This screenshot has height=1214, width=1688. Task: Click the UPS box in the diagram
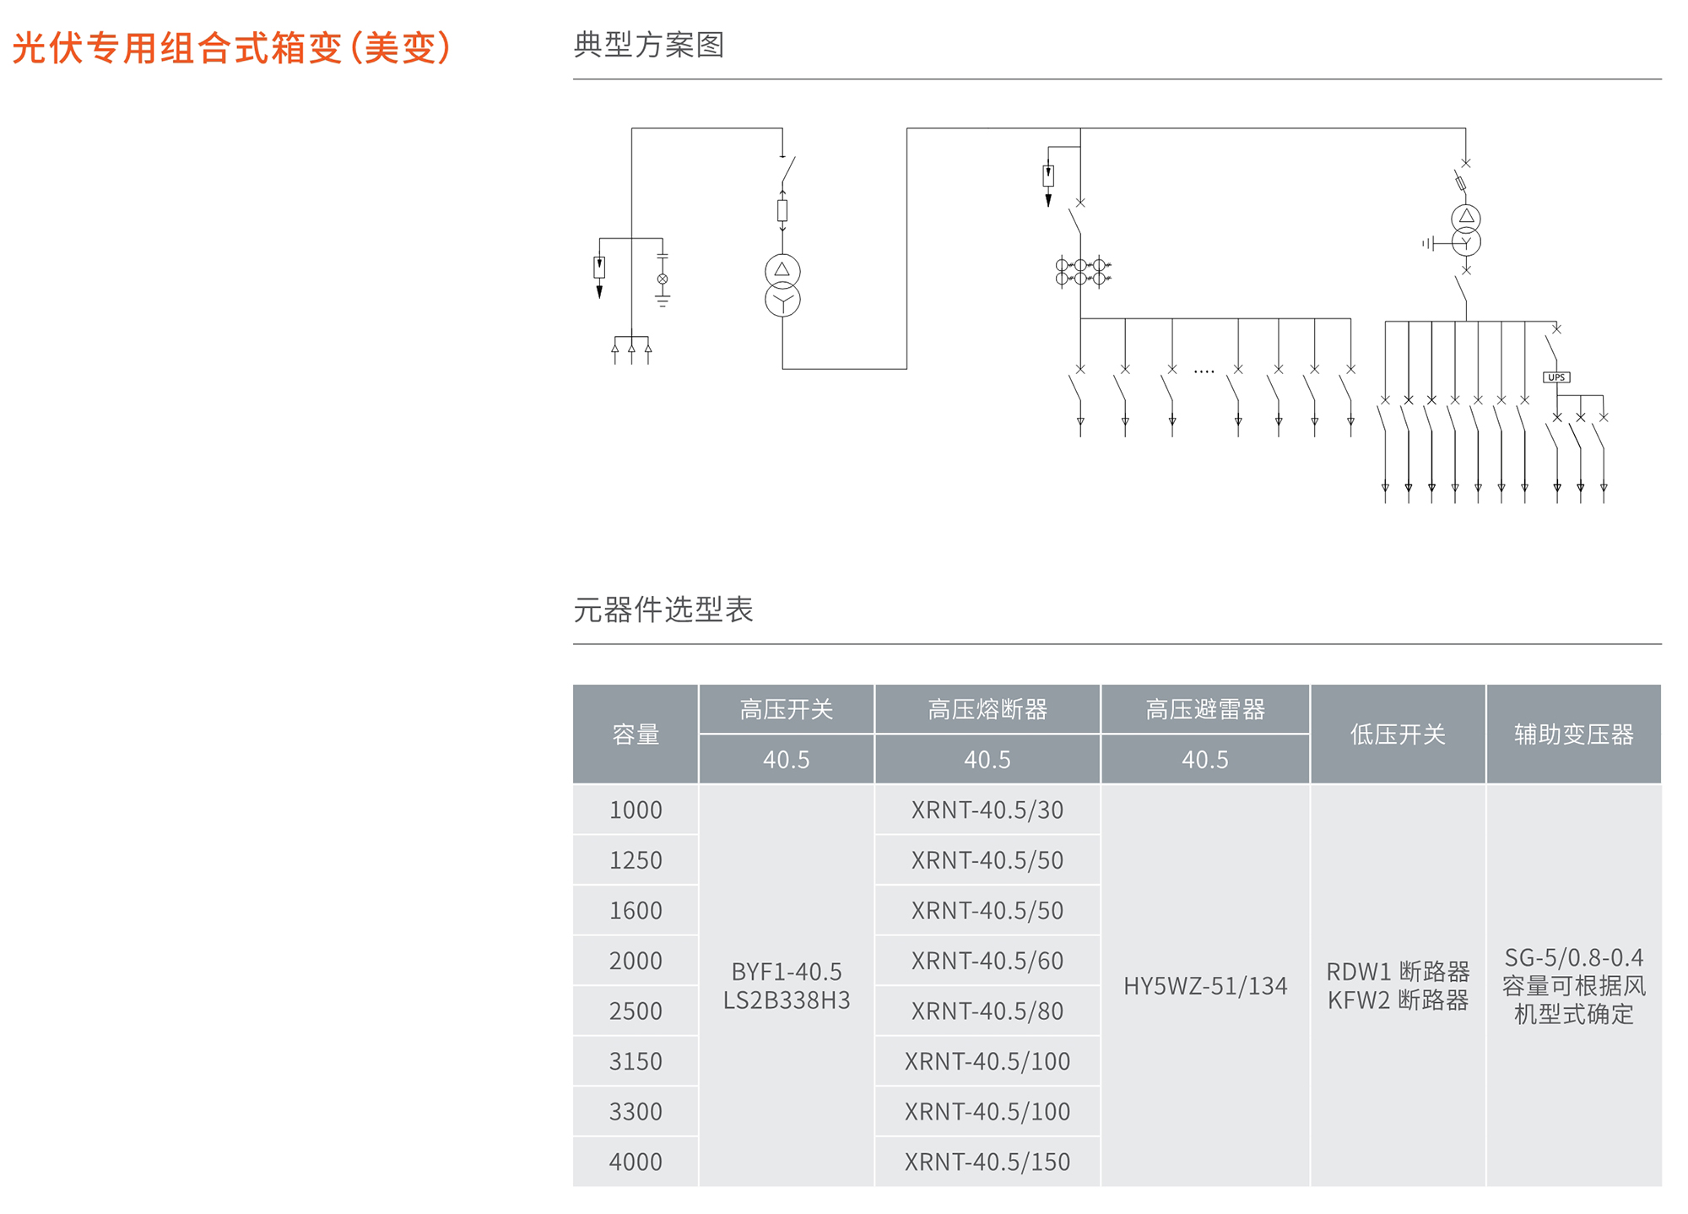point(1556,377)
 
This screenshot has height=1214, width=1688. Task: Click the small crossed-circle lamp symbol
point(663,279)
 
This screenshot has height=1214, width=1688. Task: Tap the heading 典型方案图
point(648,45)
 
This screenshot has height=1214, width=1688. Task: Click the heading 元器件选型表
point(663,610)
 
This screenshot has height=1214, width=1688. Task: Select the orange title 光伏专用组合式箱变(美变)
point(232,47)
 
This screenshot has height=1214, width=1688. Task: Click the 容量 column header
point(636,734)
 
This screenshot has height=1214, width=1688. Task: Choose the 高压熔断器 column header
point(987,709)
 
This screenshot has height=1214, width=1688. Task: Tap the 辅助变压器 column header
point(1573,734)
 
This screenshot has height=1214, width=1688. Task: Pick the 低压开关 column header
point(1397,734)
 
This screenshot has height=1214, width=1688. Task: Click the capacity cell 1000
point(636,810)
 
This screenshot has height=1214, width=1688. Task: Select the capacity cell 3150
point(636,1061)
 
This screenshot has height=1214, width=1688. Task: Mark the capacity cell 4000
point(636,1162)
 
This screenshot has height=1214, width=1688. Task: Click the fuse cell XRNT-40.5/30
point(987,810)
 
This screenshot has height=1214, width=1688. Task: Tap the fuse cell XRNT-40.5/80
point(987,1011)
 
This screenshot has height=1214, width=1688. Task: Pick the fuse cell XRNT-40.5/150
point(987,1162)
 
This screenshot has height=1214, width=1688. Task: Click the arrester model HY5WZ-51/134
point(1204,985)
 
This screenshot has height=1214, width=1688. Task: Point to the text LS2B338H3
point(787,1000)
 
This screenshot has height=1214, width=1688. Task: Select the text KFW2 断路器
point(1398,1000)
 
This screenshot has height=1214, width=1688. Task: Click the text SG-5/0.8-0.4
point(1573,957)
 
